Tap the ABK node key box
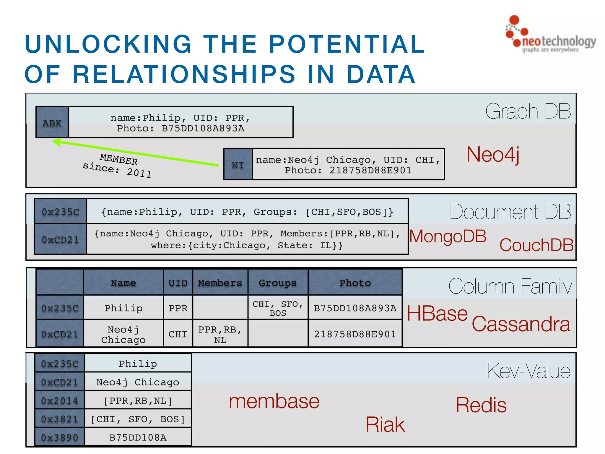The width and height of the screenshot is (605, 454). (52, 122)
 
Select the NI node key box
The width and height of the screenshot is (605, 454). (238, 164)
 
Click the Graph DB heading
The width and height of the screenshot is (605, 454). (528, 111)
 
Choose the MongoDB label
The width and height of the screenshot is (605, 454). (448, 236)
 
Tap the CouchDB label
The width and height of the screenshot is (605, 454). (536, 245)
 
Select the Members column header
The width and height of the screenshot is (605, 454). (220, 283)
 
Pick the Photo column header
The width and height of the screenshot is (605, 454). (355, 283)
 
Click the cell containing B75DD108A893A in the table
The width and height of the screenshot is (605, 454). (355, 308)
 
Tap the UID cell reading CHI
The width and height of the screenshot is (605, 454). (178, 334)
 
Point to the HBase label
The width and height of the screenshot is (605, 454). (437, 313)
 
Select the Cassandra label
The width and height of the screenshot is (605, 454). (521, 324)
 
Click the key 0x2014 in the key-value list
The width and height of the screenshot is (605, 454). (60, 401)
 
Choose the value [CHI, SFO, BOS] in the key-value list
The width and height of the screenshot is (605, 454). (138, 419)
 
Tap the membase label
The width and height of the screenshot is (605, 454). (274, 401)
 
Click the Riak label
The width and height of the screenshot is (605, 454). (385, 424)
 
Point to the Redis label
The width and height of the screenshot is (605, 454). (481, 405)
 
